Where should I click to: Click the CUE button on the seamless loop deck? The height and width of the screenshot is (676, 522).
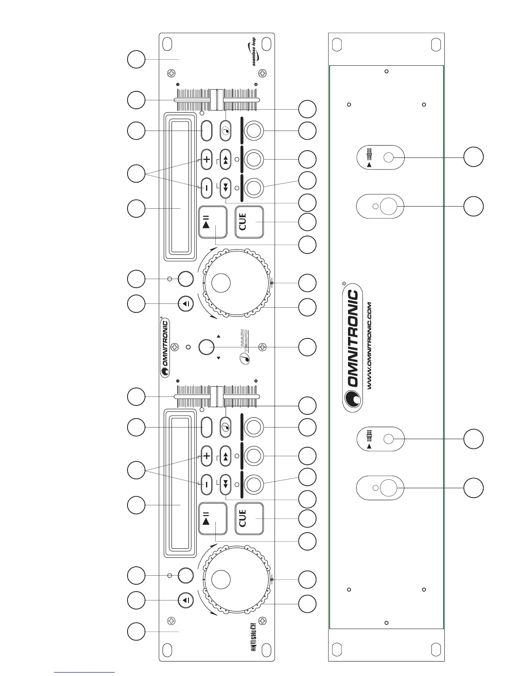click(249, 222)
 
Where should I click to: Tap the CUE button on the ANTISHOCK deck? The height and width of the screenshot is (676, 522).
click(249, 518)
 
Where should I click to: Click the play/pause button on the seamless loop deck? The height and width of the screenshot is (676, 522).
click(213, 222)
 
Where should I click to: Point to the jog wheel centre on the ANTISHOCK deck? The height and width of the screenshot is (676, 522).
click(221, 578)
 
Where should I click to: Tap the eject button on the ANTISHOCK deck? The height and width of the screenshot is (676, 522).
click(186, 600)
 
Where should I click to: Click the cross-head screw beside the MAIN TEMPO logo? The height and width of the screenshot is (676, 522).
click(263, 346)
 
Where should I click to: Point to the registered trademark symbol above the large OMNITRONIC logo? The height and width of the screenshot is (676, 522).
click(344, 283)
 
